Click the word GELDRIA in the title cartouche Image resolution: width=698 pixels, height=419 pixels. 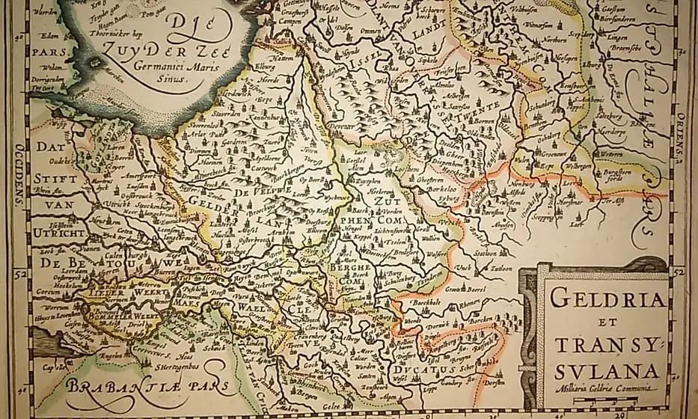click(607, 298)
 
